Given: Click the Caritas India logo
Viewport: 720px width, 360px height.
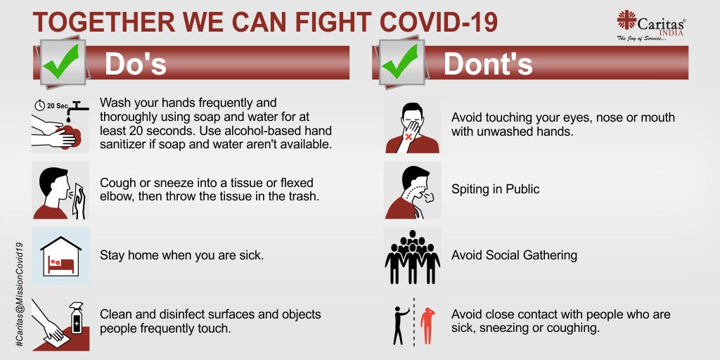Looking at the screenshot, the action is coord(651,26).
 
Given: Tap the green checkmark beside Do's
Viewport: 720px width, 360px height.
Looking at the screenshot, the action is coord(61,61).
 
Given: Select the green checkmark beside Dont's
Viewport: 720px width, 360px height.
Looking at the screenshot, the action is coord(399,61).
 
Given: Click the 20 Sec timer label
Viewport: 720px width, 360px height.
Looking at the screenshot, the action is coord(51,105).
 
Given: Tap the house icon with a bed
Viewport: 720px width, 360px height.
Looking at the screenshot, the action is coord(61,256).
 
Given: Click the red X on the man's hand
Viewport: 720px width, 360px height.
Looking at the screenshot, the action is coord(408,137).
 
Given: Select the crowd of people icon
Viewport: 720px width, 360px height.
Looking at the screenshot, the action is coord(412,257).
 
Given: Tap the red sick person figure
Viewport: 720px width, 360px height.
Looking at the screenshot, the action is coord(427,326).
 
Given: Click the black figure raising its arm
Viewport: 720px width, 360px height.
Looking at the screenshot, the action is coord(401,326).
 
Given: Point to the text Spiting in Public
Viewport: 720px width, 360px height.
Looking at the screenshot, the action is coord(496,189).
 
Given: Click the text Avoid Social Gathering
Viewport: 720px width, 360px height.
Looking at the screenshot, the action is coord(514,255).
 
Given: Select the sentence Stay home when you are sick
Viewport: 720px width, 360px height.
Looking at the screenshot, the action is coord(182,255).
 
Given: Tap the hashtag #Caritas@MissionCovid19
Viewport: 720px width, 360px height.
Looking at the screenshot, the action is coord(19,295).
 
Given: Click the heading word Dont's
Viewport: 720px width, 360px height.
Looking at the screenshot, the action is coord(488,65).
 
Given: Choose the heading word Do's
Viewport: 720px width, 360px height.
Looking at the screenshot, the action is coord(136,65).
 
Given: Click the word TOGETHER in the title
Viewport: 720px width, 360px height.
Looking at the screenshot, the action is coord(104,22).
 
